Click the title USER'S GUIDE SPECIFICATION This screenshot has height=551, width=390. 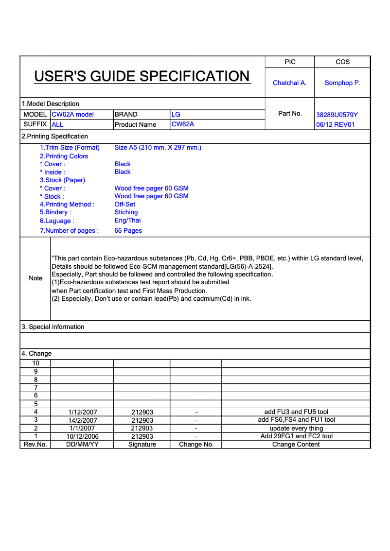[x=142, y=76]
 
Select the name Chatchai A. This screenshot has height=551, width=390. [x=289, y=83]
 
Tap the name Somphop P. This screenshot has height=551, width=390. [x=342, y=83]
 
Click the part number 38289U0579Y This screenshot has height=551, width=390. [x=337, y=115]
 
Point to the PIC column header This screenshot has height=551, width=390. [x=290, y=62]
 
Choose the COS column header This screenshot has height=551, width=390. [x=342, y=62]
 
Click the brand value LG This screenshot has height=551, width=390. [x=176, y=114]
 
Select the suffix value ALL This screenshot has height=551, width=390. [x=57, y=125]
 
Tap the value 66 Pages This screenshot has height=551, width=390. [x=128, y=231]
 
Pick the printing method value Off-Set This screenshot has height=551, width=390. [x=125, y=205]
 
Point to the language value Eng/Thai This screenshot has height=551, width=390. [x=127, y=221]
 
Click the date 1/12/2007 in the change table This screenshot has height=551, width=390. [x=83, y=412]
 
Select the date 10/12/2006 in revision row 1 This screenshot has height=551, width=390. [x=83, y=436]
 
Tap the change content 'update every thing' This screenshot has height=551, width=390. [x=296, y=429]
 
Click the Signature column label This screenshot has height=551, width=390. [x=142, y=445]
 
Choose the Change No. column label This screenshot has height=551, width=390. [x=196, y=445]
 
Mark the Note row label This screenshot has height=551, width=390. [x=35, y=278]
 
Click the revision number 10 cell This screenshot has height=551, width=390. [x=35, y=363]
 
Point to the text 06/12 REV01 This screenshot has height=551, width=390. [x=336, y=125]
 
